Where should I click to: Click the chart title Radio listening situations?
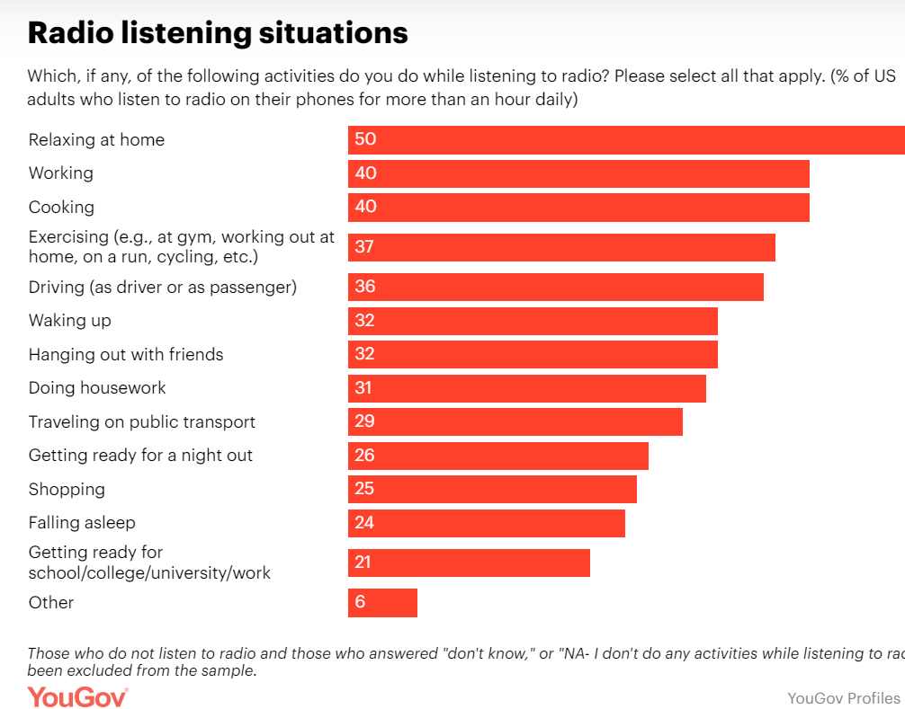(218, 33)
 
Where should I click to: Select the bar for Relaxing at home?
(626, 140)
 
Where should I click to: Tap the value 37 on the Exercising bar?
(364, 247)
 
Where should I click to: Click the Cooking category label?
(61, 208)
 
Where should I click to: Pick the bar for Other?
(382, 603)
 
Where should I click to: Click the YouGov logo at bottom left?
(77, 697)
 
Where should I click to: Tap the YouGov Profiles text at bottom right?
(843, 698)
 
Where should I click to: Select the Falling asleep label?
(82, 523)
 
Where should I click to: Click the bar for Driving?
(555, 288)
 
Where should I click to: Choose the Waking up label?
(70, 321)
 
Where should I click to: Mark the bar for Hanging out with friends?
(533, 355)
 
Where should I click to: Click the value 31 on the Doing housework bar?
(364, 388)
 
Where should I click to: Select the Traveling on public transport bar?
(515, 422)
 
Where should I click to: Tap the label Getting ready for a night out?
(140, 456)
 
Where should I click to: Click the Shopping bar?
(492, 490)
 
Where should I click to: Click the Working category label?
(60, 173)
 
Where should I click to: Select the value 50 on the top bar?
(365, 140)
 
